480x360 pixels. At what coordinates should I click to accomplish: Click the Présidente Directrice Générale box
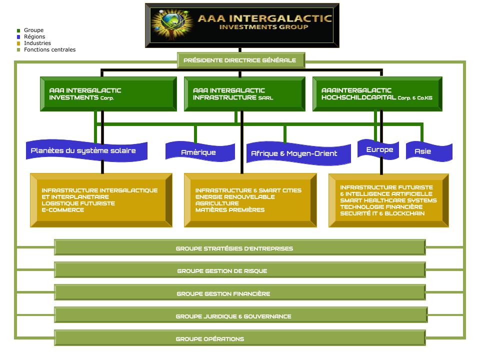click(239, 60)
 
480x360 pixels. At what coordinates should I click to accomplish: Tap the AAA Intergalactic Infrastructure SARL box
click(244, 94)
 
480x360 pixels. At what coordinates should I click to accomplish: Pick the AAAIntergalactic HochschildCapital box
click(377, 94)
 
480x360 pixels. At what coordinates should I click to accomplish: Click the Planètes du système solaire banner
click(83, 150)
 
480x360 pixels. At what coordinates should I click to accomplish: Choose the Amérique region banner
click(198, 152)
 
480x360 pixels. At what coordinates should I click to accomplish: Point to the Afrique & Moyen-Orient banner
click(294, 153)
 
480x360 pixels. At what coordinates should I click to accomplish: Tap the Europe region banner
click(379, 149)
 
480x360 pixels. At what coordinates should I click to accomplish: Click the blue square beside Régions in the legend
click(18, 37)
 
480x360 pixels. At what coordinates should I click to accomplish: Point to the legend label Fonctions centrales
click(49, 50)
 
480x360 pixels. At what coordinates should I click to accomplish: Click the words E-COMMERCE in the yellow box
click(63, 210)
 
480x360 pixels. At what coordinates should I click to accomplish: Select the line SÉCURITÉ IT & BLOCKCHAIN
click(382, 213)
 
